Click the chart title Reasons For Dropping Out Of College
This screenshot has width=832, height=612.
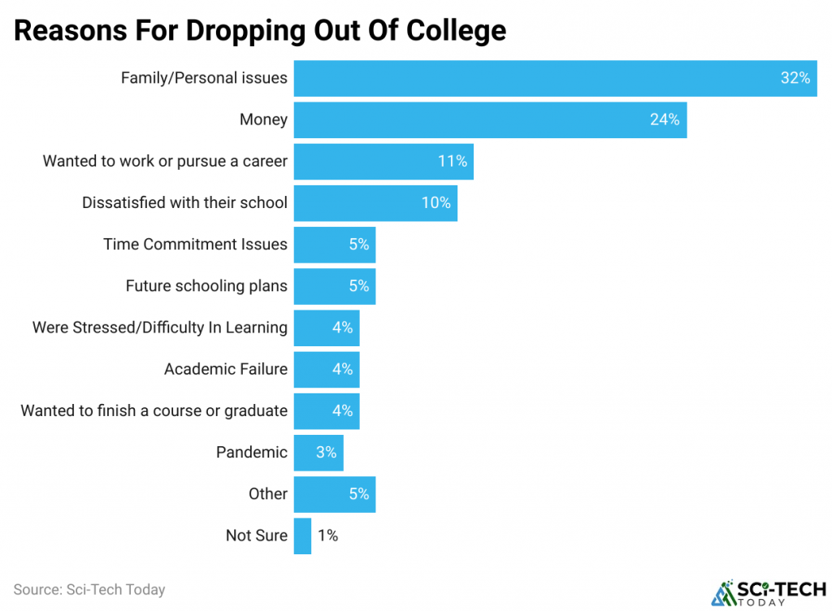click(x=260, y=30)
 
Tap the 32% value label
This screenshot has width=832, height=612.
click(x=795, y=78)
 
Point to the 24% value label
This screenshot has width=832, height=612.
click(x=664, y=119)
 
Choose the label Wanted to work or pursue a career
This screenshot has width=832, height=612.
click(x=165, y=161)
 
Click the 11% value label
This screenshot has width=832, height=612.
click(x=453, y=161)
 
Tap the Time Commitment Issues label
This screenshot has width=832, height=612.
click(x=195, y=245)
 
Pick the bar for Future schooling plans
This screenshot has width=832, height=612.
click(x=334, y=286)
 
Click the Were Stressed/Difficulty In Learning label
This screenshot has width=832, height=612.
click(x=160, y=328)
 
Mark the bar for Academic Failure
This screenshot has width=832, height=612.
click(x=326, y=369)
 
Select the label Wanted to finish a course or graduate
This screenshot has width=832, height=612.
click(x=154, y=410)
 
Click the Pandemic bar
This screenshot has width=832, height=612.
click(x=318, y=452)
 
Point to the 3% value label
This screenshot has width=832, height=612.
click(x=326, y=452)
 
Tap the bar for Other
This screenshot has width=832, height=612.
click(x=334, y=493)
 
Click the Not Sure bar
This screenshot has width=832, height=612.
click(x=302, y=536)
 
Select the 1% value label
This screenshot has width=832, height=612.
click(x=327, y=536)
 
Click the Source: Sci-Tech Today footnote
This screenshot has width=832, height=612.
click(x=89, y=589)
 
